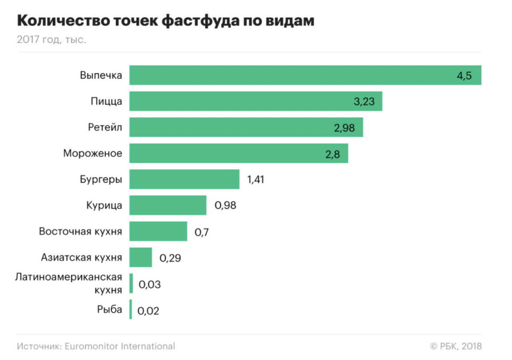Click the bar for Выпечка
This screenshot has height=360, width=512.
305,75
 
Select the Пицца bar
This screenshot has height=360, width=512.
256,101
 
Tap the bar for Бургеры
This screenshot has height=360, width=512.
184,180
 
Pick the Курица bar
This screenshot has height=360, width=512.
168,205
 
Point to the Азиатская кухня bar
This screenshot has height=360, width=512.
140,257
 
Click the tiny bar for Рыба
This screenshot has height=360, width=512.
131,310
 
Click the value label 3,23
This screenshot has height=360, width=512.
364,102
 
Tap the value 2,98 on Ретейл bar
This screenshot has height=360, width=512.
344,128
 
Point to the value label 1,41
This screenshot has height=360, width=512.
256,180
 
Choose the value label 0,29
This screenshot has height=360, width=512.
170,258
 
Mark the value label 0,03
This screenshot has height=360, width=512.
149,284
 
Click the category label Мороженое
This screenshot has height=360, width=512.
92,154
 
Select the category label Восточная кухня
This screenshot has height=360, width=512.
80,232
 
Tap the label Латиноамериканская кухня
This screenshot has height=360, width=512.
69,284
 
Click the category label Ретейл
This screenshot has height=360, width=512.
105,128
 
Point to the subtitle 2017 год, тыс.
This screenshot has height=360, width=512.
52,40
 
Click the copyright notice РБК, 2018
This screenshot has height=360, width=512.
456,346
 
